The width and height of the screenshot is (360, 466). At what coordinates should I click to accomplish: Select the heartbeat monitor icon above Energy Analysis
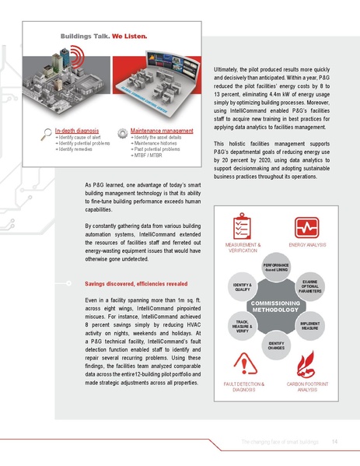[307, 227]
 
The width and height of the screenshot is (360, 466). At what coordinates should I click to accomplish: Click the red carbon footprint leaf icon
[307, 364]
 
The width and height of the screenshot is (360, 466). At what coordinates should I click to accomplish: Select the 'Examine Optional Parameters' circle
[309, 287]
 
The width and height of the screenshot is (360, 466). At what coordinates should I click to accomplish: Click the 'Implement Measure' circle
[309, 328]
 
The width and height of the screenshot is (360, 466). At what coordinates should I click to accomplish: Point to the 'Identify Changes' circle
[275, 345]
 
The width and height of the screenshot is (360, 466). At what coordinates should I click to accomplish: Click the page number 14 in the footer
[334, 442]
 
